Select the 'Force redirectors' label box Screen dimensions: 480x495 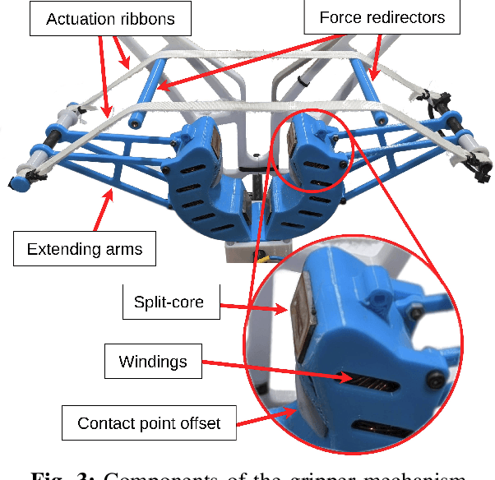[x=382, y=16]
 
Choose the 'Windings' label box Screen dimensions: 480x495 [x=154, y=362]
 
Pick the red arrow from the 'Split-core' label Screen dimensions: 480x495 [x=256, y=308]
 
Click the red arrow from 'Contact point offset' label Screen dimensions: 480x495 [x=263, y=415]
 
